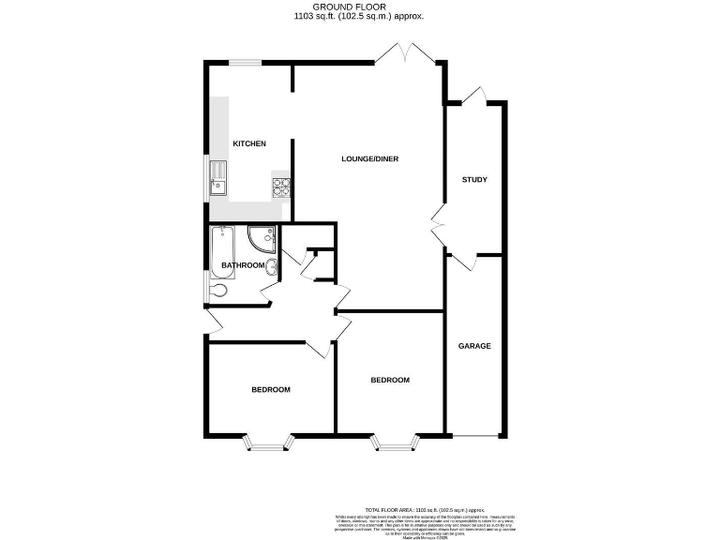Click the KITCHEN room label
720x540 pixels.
(249, 143)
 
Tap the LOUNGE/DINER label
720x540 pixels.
(369, 159)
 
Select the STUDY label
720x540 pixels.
(474, 179)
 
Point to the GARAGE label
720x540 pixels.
(474, 346)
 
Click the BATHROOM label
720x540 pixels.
(243, 265)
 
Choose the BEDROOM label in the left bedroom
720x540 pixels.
(270, 390)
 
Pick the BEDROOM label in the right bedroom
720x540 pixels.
(390, 380)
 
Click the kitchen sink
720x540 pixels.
(218, 176)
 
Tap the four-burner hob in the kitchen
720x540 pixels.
(282, 187)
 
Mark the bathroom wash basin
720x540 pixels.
(272, 270)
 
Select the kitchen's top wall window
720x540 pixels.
(246, 63)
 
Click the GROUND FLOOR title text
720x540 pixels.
(360, 7)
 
